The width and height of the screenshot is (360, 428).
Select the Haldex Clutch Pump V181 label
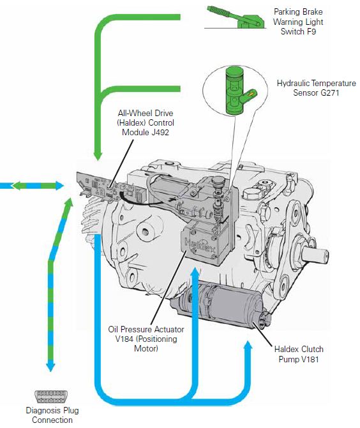point(298,354)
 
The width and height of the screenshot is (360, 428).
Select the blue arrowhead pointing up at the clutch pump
point(247,346)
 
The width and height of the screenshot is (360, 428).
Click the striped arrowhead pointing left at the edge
point(4,186)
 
